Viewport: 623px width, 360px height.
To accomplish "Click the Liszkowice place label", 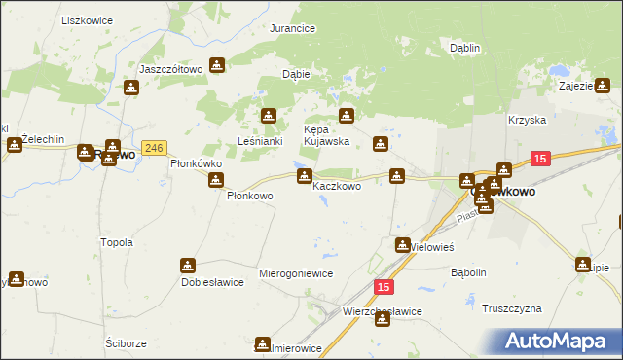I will [87, 19].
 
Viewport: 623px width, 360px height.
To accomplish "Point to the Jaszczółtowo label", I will [170, 69].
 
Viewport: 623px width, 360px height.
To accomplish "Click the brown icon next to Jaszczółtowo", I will [217, 66].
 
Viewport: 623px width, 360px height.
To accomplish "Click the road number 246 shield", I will [154, 148].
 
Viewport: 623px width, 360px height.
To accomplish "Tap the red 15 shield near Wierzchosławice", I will [385, 287].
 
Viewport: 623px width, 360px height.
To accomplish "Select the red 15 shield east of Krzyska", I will [542, 158].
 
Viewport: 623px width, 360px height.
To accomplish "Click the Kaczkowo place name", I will [337, 186].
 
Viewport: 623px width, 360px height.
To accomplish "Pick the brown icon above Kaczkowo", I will [305, 176].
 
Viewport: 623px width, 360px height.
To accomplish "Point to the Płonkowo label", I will [249, 196].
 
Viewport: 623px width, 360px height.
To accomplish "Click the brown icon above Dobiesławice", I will [188, 266].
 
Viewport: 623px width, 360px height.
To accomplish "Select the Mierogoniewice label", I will [296, 274].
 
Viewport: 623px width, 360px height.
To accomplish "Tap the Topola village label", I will [117, 242].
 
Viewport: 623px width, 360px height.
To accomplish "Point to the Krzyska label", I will [526, 121].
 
